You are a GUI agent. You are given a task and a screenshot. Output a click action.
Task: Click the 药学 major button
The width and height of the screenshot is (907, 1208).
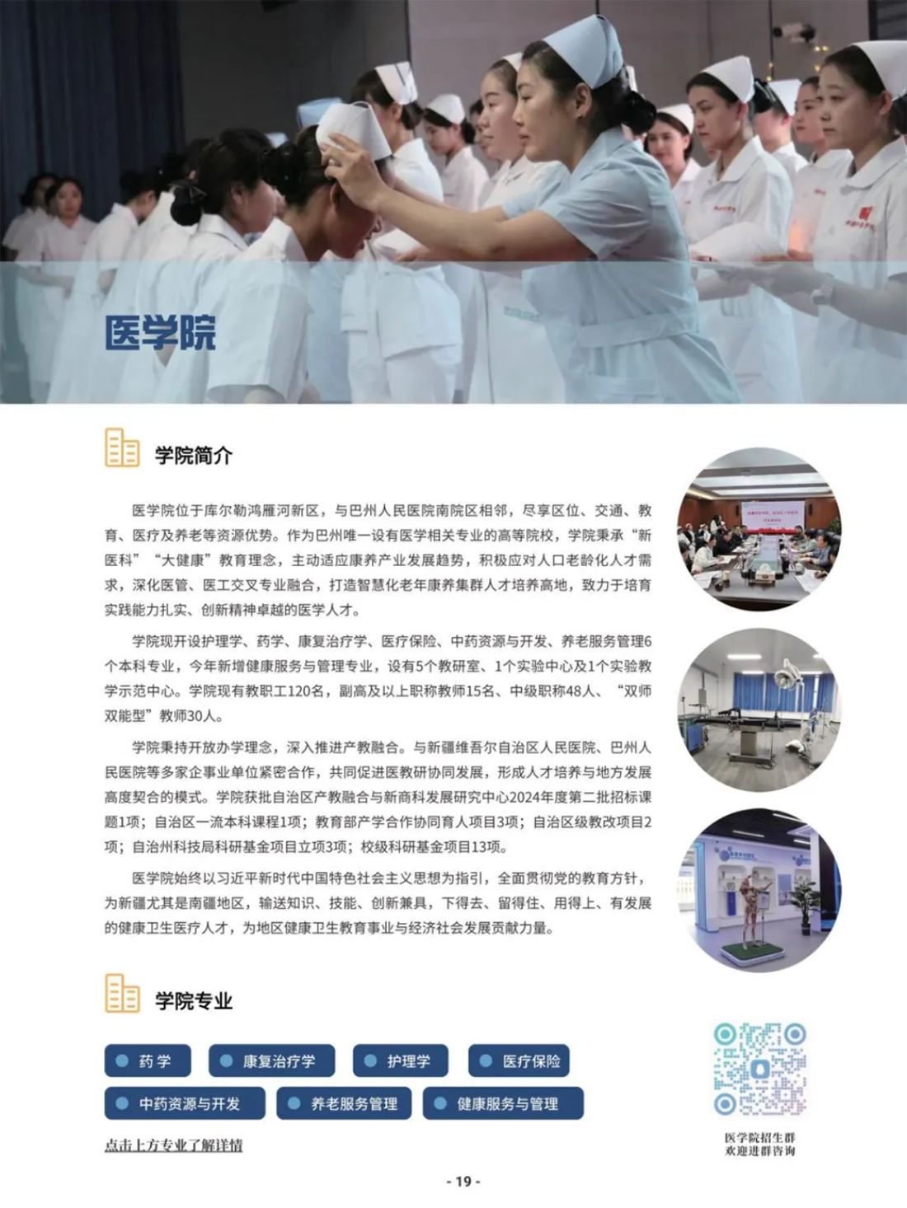click(148, 1061)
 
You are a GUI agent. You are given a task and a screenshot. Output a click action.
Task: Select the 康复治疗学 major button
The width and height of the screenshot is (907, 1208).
click(271, 1061)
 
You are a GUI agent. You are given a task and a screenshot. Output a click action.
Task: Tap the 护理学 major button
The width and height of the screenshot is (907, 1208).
click(400, 1061)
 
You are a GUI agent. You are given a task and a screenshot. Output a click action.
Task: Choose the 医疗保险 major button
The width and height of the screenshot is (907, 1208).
click(519, 1061)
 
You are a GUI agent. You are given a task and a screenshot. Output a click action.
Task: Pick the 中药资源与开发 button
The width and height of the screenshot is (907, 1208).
click(185, 1103)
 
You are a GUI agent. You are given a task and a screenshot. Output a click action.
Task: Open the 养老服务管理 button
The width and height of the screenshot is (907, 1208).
click(343, 1103)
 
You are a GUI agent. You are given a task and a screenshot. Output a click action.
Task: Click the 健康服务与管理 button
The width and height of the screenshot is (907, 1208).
click(503, 1103)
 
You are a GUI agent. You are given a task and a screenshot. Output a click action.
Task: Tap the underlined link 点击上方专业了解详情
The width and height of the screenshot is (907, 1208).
click(173, 1145)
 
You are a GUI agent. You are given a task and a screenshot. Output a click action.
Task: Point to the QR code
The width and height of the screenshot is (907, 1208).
click(759, 1069)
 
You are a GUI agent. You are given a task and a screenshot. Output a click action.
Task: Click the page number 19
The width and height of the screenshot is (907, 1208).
click(463, 1182)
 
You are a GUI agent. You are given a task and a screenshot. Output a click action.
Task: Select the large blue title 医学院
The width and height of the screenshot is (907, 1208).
click(160, 333)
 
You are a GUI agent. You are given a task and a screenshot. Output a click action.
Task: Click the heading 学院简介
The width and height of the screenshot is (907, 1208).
click(194, 455)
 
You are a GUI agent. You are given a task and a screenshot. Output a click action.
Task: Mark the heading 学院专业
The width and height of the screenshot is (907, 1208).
click(194, 1001)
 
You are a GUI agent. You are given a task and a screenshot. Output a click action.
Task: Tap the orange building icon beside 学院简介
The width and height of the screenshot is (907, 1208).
click(122, 448)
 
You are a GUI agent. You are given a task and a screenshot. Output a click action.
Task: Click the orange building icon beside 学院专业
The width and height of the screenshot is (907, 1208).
click(122, 994)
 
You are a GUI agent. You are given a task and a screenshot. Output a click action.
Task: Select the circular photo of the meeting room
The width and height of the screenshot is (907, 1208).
click(759, 529)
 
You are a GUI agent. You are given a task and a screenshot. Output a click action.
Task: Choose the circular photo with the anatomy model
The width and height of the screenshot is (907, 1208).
click(759, 891)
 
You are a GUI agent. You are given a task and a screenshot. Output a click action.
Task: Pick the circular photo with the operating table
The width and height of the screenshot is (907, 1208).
click(759, 710)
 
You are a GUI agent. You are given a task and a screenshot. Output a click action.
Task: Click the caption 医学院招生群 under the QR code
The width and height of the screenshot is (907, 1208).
click(759, 1138)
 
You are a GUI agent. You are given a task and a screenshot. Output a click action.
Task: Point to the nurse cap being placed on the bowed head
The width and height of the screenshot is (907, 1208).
click(353, 130)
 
